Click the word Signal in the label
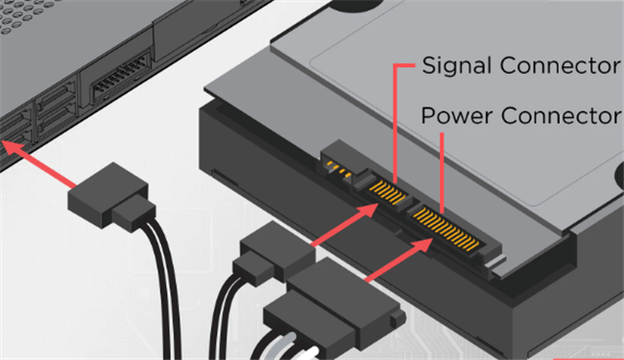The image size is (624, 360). [x=456, y=66]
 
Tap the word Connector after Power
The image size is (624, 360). [x=562, y=115]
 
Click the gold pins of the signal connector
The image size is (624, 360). [x=388, y=193]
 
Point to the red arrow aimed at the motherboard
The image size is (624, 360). [x=39, y=163]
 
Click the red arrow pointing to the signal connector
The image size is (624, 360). [x=345, y=225]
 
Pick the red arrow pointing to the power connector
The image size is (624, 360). [x=398, y=260]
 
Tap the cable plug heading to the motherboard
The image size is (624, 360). [x=111, y=197]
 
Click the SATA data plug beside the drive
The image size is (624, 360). [x=274, y=253]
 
